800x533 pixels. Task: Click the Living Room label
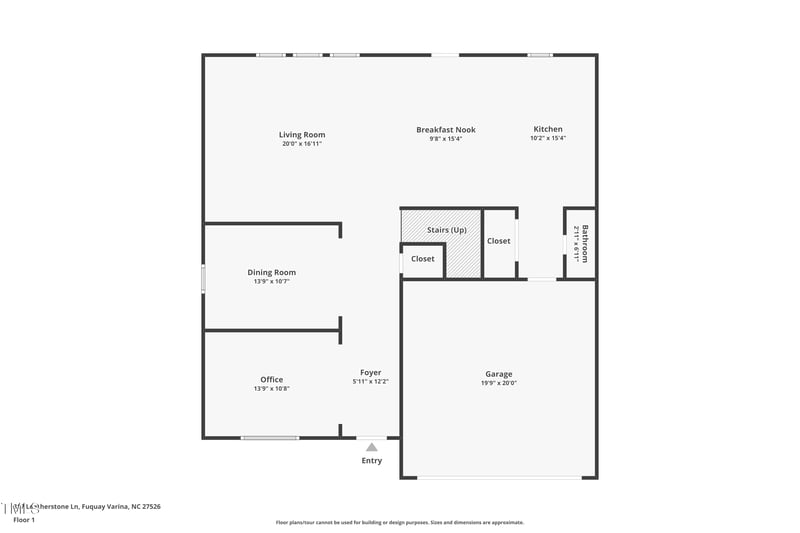click(x=301, y=135)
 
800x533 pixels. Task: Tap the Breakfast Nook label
click(x=445, y=129)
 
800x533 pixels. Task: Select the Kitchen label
click(x=547, y=129)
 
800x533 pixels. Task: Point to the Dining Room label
click(x=271, y=272)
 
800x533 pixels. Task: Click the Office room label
click(x=271, y=379)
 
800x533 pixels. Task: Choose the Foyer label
click(x=370, y=372)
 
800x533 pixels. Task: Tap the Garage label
click(x=499, y=373)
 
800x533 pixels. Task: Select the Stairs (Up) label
click(x=446, y=230)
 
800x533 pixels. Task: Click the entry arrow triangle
click(x=371, y=447)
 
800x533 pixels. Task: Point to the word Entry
click(x=371, y=460)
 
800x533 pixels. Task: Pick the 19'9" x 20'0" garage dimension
click(x=499, y=382)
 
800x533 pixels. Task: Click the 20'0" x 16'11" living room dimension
click(x=301, y=144)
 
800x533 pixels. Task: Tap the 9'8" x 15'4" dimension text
click(x=445, y=138)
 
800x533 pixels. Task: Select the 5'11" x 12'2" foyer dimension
click(x=370, y=381)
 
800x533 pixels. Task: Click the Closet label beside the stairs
click(x=498, y=240)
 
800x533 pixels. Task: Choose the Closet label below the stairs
click(x=422, y=258)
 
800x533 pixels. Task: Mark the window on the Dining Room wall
click(x=203, y=278)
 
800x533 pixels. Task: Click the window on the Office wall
click(x=270, y=437)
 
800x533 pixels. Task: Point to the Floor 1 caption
click(x=24, y=520)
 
